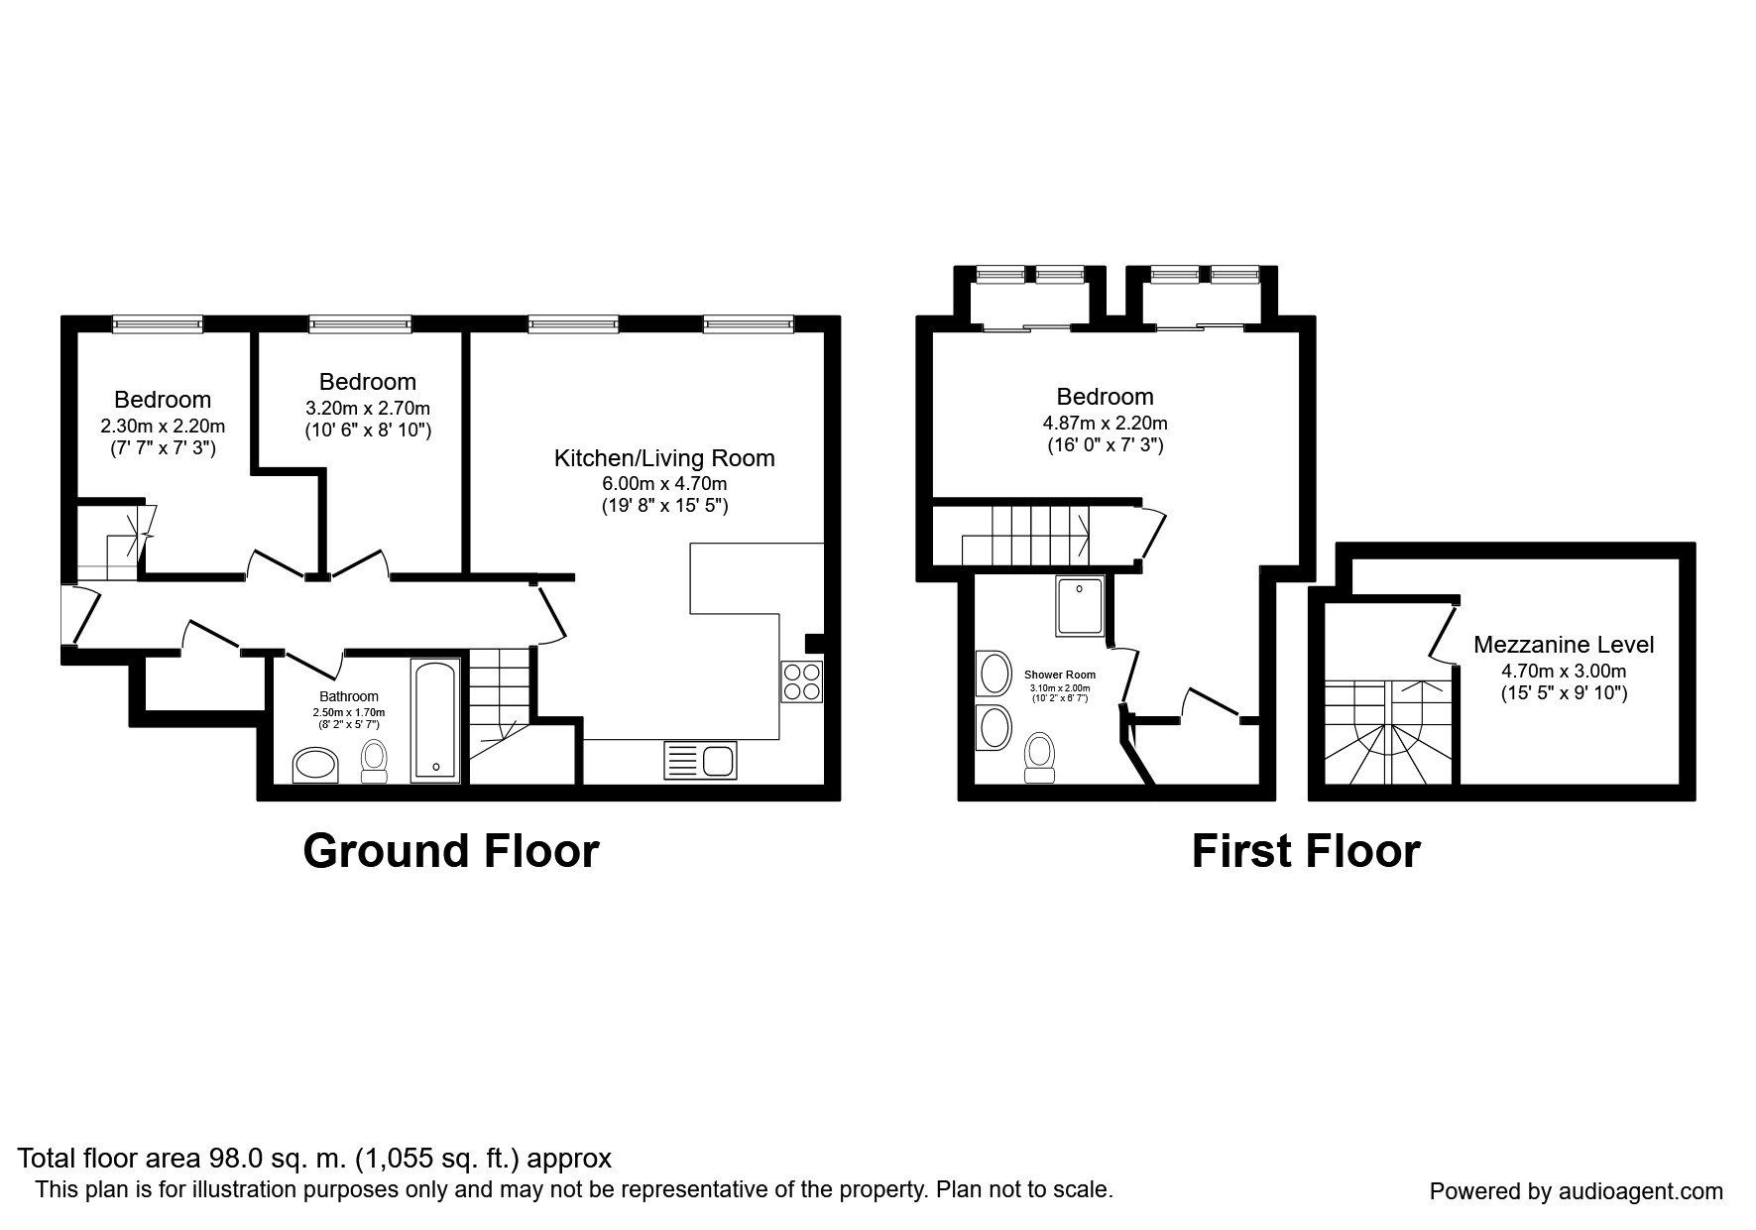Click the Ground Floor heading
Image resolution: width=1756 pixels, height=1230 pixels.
(451, 851)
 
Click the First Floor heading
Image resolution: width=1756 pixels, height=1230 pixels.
(1305, 851)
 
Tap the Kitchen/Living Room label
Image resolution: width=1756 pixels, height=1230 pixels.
(664, 458)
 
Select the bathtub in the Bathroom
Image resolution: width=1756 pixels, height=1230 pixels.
(436, 719)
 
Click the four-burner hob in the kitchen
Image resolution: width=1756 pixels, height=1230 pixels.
(801, 681)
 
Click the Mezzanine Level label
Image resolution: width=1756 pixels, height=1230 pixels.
(1564, 645)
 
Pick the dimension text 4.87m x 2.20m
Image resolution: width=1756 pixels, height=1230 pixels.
(1105, 423)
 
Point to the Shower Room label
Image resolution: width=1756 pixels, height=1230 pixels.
(1060, 675)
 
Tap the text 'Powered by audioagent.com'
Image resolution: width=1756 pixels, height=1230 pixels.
(1577, 1191)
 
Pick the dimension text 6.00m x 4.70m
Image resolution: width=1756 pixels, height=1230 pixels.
(664, 484)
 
